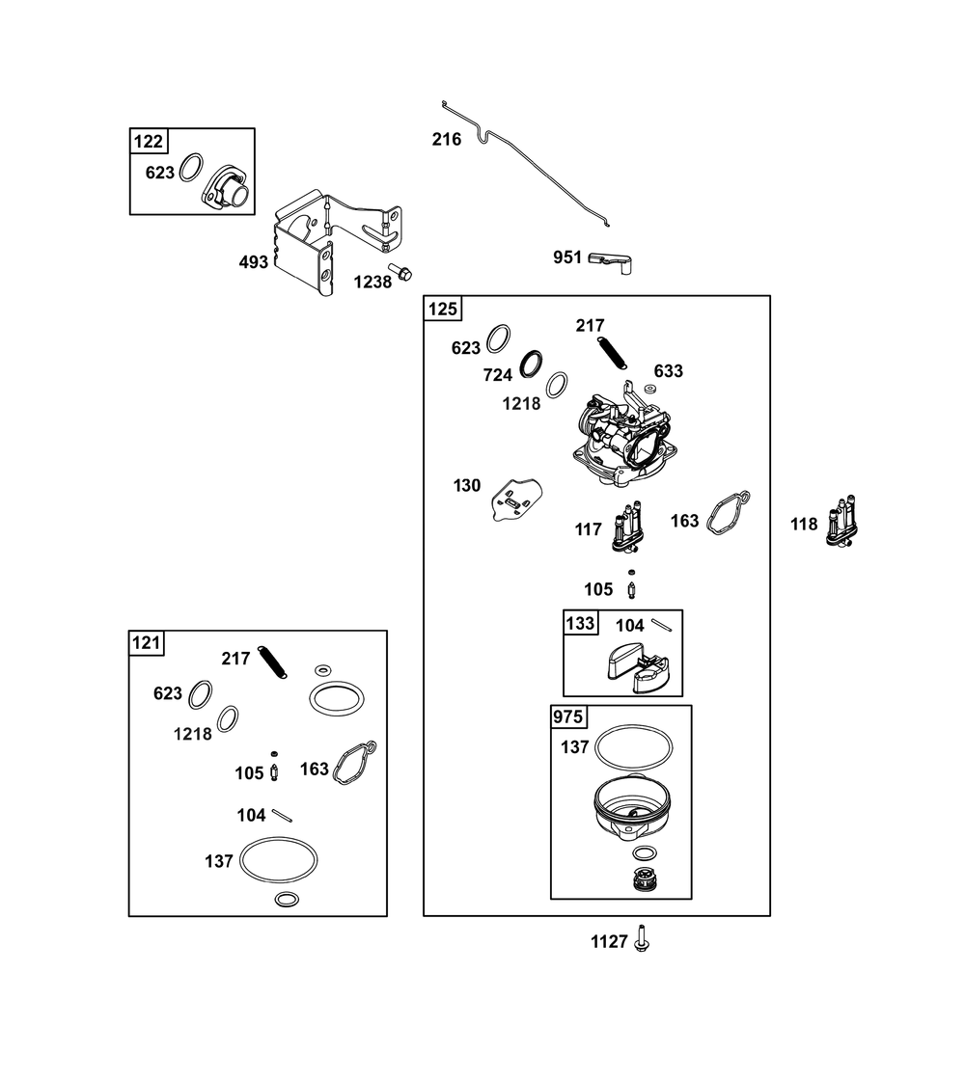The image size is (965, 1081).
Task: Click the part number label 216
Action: (x=446, y=139)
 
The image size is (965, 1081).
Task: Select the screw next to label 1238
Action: (x=400, y=271)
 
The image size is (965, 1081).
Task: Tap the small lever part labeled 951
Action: (x=611, y=262)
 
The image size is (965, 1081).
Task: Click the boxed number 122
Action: (x=148, y=142)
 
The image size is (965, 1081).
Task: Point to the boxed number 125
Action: (x=442, y=309)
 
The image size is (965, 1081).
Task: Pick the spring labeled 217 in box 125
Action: (x=612, y=352)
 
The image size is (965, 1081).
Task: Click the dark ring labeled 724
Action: (x=531, y=364)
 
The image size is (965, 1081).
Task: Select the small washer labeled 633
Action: (x=649, y=389)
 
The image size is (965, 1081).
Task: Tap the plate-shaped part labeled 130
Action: (x=516, y=500)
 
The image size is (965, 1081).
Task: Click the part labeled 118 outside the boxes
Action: (x=842, y=522)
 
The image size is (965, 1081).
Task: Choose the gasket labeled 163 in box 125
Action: (x=728, y=514)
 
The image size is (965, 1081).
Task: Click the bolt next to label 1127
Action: (x=642, y=939)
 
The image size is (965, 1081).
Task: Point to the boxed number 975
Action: (x=567, y=717)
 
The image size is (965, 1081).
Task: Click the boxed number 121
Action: (x=147, y=642)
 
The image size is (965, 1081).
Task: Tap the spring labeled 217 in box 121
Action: (x=272, y=662)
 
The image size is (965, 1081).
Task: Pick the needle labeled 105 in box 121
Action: (x=274, y=767)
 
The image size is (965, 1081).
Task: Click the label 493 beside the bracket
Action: (x=253, y=262)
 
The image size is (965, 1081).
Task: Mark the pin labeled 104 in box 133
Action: (x=662, y=624)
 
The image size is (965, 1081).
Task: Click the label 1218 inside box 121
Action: (x=192, y=734)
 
